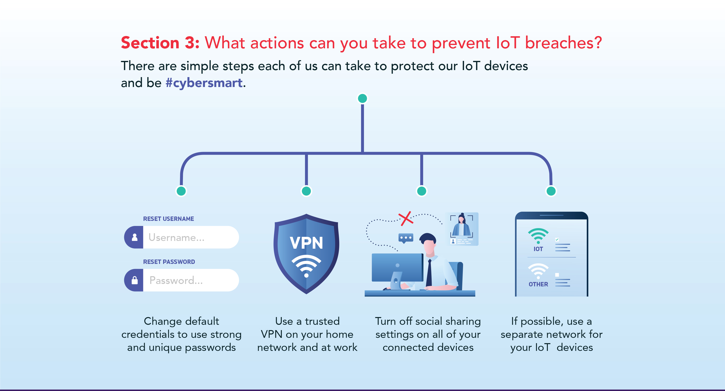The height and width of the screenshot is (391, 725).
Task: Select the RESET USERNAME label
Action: click(x=168, y=219)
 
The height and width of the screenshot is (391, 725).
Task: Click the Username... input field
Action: click(x=190, y=237)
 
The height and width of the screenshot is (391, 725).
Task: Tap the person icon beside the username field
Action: click(x=135, y=237)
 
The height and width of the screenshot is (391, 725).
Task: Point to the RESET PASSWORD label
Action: click(x=169, y=262)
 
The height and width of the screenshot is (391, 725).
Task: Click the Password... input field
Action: click(x=190, y=280)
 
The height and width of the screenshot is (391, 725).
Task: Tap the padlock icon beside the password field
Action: click(x=135, y=280)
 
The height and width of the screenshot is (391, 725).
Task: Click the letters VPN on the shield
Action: click(x=306, y=243)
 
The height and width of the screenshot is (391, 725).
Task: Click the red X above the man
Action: click(x=406, y=218)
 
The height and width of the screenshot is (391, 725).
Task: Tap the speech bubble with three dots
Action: click(x=406, y=238)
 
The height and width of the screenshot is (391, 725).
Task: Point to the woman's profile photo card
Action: click(x=462, y=229)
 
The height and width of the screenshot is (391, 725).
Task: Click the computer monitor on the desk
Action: click(x=397, y=268)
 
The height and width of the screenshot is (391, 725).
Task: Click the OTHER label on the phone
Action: click(x=538, y=284)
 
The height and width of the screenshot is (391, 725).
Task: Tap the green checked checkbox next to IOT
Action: click(x=557, y=239)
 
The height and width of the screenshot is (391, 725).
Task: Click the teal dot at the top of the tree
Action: click(x=362, y=99)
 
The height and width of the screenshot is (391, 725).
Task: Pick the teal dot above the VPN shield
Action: click(x=306, y=191)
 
